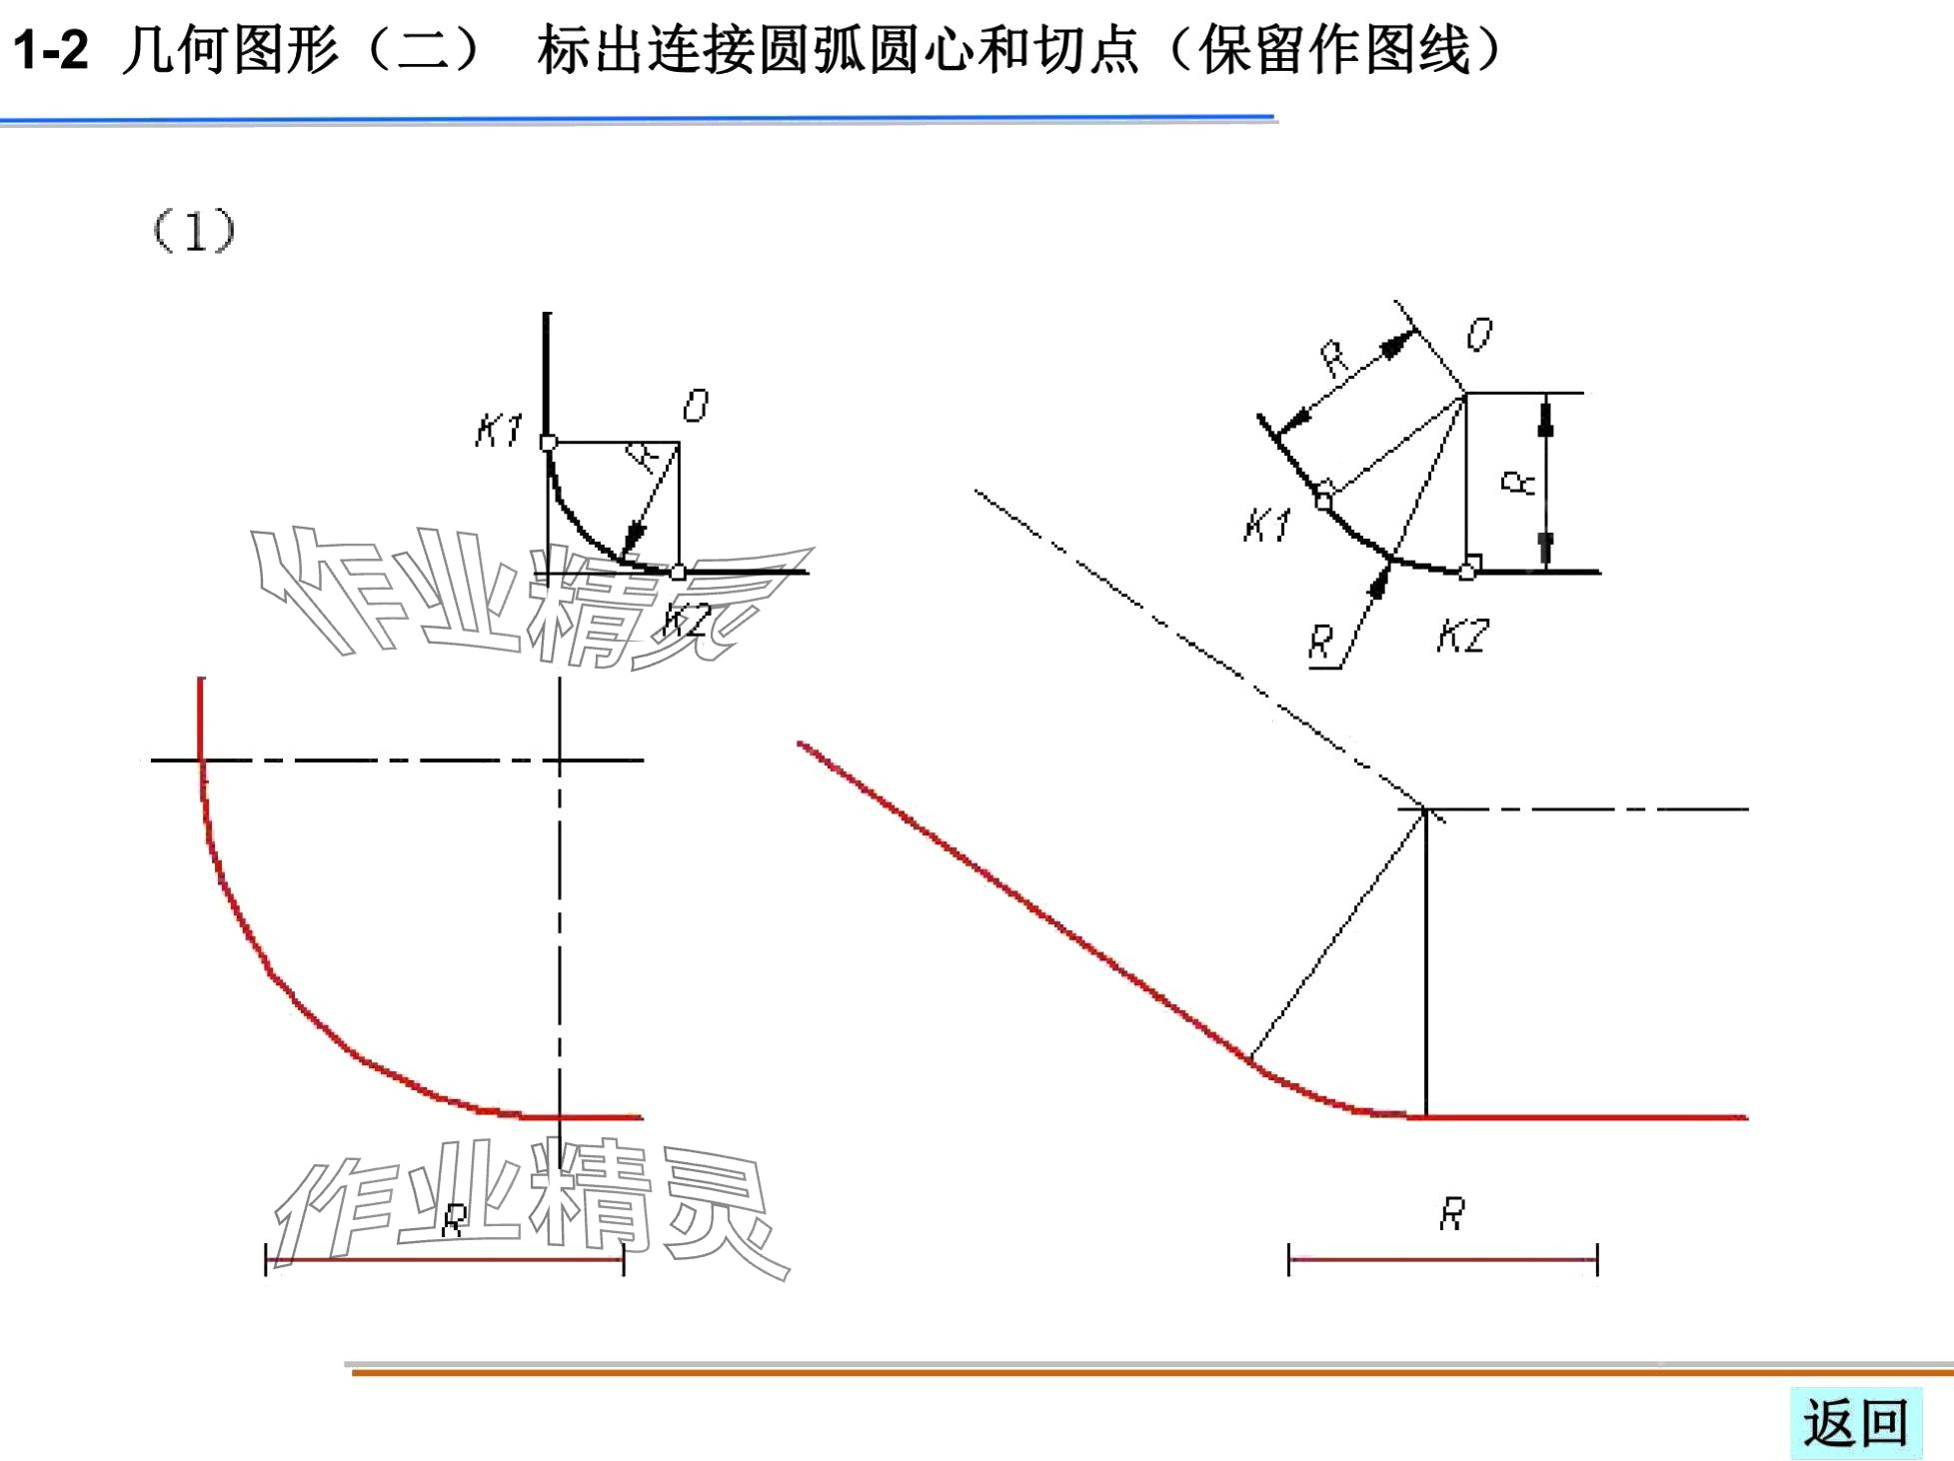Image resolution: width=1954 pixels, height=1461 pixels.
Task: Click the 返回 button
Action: click(x=1855, y=1423)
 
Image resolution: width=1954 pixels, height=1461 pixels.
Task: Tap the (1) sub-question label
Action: click(x=193, y=231)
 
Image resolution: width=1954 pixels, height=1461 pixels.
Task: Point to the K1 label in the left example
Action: click(x=498, y=431)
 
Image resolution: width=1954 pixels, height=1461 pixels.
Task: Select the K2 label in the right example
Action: click(x=1463, y=636)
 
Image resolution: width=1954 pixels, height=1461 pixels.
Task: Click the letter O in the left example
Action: click(x=696, y=406)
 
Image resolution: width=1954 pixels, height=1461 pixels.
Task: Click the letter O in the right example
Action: click(x=1479, y=334)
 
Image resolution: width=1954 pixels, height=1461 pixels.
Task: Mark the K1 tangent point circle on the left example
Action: click(x=549, y=443)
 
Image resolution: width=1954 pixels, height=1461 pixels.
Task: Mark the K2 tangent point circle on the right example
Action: click(x=1466, y=572)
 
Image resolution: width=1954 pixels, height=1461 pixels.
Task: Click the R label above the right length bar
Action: click(x=1452, y=1214)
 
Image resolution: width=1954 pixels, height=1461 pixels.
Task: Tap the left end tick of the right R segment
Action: click(x=1289, y=1259)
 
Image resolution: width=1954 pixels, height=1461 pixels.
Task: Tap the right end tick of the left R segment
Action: click(x=624, y=1259)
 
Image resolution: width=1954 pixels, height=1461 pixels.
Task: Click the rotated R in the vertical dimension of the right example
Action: click(x=1518, y=484)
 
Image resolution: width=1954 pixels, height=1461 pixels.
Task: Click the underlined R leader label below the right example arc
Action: click(x=1321, y=641)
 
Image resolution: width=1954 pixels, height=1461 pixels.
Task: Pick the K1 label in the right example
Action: click(x=1267, y=524)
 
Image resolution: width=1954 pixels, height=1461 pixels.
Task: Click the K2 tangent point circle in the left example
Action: click(x=679, y=573)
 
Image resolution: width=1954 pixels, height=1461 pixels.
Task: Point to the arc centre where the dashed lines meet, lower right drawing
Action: click(x=1426, y=808)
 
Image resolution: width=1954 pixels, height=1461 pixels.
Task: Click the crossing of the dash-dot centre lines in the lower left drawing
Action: click(x=560, y=760)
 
